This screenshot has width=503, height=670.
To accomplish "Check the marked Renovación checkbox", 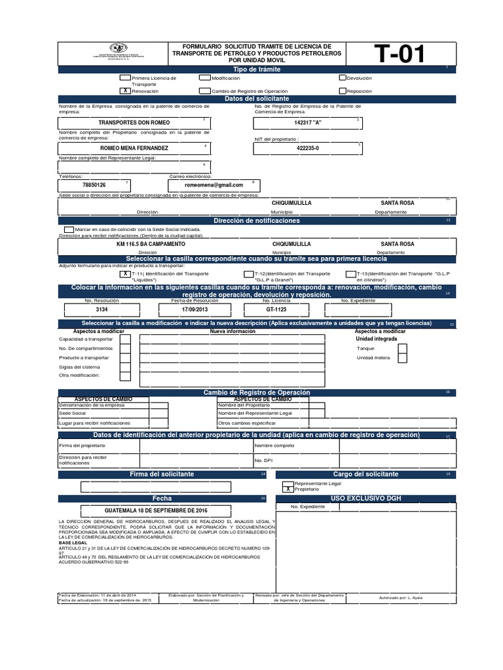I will (x=124, y=92).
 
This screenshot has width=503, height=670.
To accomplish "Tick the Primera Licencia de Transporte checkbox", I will (x=124, y=78).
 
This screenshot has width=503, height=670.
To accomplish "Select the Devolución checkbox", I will (x=342, y=78).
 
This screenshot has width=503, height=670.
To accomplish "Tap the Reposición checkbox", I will (x=342, y=92).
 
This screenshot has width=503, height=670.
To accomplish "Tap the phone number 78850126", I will (x=94, y=186).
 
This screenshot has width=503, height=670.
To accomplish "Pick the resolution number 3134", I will (x=102, y=309).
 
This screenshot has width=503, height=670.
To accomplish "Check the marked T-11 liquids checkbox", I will (x=124, y=274).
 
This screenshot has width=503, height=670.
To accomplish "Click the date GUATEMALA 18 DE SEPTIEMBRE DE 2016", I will (x=160, y=509).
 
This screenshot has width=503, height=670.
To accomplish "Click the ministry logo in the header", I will (x=117, y=50).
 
